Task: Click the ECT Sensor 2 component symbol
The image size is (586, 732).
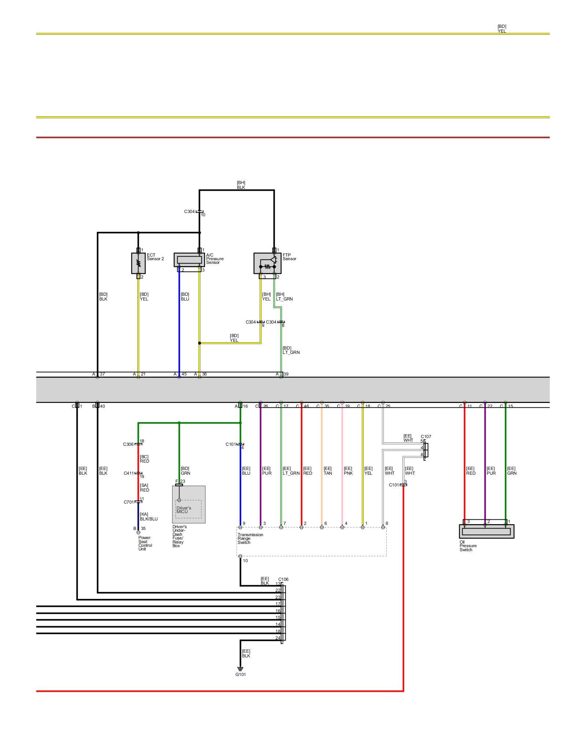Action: [x=138, y=263]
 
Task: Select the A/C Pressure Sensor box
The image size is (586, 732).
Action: [x=189, y=260]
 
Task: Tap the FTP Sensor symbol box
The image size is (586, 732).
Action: [x=267, y=263]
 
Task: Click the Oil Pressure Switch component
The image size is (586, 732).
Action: [x=486, y=531]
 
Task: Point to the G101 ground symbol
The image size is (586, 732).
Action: [x=240, y=669]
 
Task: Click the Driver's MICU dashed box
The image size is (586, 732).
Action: [x=188, y=509]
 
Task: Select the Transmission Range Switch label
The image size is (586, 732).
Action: [x=250, y=538]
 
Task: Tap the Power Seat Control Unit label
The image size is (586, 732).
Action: [x=144, y=543]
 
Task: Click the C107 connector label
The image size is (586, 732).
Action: [x=426, y=437]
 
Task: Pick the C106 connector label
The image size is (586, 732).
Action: [x=283, y=579]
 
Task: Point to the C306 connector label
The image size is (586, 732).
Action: [x=128, y=444]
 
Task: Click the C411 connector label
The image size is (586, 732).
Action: [x=129, y=473]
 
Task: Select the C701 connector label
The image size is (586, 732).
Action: [x=129, y=502]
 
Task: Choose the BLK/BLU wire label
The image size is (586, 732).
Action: [x=149, y=519]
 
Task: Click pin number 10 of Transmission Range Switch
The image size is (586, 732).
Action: [x=245, y=561]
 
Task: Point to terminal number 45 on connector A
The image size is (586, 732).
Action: [x=184, y=374]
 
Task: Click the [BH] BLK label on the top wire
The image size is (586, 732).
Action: [x=241, y=185]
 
